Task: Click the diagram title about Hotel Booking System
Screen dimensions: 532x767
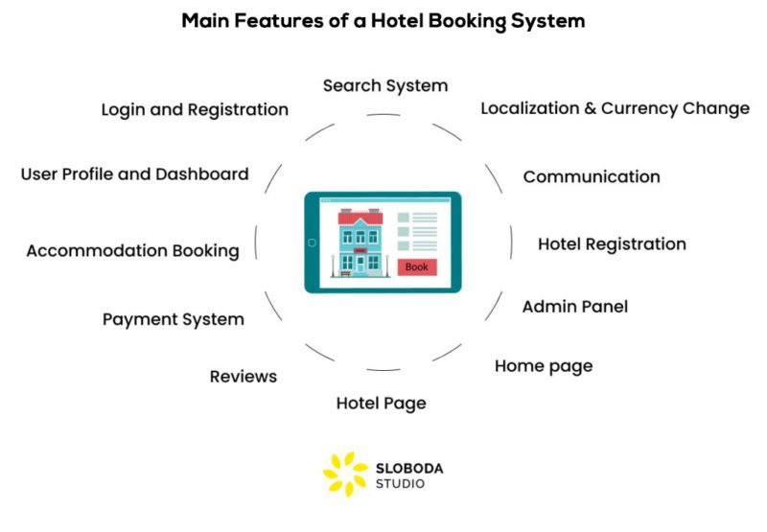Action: (383, 21)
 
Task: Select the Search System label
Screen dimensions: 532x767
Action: (384, 85)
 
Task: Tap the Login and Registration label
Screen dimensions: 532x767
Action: (195, 109)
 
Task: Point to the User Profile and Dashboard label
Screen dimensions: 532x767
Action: (134, 173)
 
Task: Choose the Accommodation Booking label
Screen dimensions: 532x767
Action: (132, 251)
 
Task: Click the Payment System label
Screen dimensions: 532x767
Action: (173, 319)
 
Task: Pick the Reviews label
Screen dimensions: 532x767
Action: (244, 376)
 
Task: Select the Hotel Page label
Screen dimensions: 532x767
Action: (381, 403)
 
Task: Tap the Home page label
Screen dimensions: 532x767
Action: (543, 366)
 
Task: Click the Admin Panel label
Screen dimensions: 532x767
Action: (574, 307)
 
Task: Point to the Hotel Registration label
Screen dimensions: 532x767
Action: (611, 244)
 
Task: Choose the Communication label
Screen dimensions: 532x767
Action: (591, 176)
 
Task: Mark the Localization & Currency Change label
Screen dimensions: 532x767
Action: (615, 108)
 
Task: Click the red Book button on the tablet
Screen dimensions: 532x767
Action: (417, 267)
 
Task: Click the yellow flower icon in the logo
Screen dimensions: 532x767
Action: (344, 473)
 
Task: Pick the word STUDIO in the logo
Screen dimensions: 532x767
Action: (401, 484)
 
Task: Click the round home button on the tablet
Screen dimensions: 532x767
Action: (312, 243)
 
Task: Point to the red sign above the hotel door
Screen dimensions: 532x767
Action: (360, 250)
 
